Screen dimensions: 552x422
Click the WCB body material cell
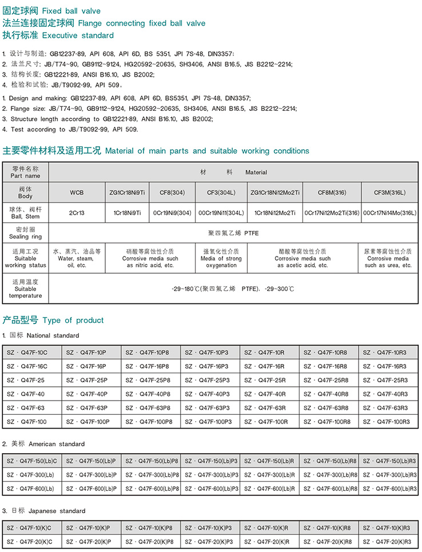77,193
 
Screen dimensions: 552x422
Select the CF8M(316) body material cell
332,193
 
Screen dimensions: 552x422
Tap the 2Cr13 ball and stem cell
77,213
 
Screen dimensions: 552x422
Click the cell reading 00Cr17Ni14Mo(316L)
389,213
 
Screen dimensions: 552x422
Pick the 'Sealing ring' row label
26,233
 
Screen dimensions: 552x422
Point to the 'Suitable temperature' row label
26,289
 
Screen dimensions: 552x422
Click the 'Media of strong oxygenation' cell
221,258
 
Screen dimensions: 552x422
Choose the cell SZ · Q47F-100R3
389,422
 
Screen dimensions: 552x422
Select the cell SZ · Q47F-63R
270,408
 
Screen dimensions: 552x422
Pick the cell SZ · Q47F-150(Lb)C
32,461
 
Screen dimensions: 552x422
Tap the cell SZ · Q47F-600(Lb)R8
329,489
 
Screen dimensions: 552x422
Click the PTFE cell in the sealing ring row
234,233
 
